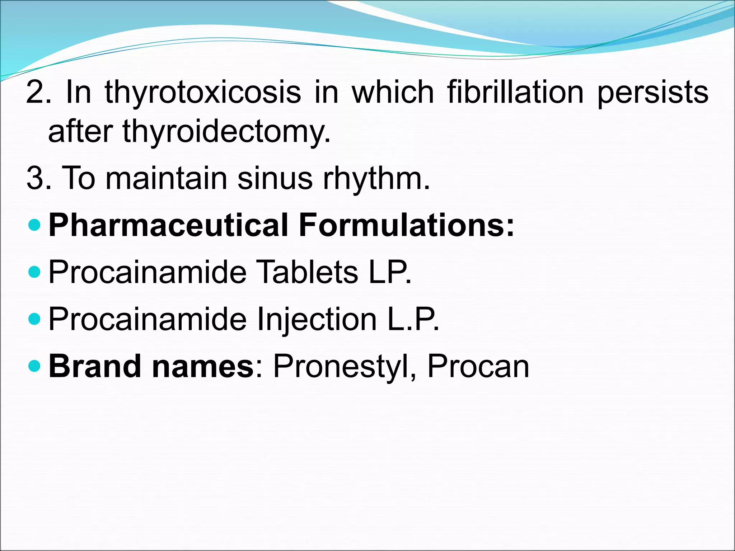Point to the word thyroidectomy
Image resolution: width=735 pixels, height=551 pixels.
(226, 132)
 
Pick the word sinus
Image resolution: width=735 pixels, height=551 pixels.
(275, 178)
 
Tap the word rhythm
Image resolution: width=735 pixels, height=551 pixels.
(376, 179)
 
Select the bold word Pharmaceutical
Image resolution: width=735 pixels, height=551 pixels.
(168, 225)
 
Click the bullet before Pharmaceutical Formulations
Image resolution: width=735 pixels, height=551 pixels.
(34, 225)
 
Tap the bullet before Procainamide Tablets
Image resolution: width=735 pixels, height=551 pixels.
(34, 272)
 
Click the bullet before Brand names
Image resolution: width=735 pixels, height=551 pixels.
(34, 366)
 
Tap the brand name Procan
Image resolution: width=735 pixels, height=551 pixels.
(478, 367)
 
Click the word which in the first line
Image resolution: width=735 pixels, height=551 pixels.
(393, 93)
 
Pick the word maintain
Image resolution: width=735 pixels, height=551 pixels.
(167, 178)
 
